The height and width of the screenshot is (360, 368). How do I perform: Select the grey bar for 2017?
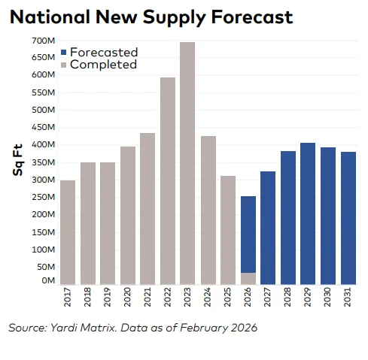point(68,232)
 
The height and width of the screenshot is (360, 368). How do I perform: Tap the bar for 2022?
point(168,180)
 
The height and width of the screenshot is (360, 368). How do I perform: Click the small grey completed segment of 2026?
point(248,278)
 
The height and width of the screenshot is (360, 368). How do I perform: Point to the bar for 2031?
point(348,218)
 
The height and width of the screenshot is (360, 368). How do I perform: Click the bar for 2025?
point(228,230)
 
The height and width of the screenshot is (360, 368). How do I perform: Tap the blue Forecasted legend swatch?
point(65,53)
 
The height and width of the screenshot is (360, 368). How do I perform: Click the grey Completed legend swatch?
point(65,65)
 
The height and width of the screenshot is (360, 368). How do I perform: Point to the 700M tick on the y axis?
point(42,41)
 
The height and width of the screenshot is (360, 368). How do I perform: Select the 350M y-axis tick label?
point(42,162)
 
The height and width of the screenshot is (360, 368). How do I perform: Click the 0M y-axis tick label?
point(47,280)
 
